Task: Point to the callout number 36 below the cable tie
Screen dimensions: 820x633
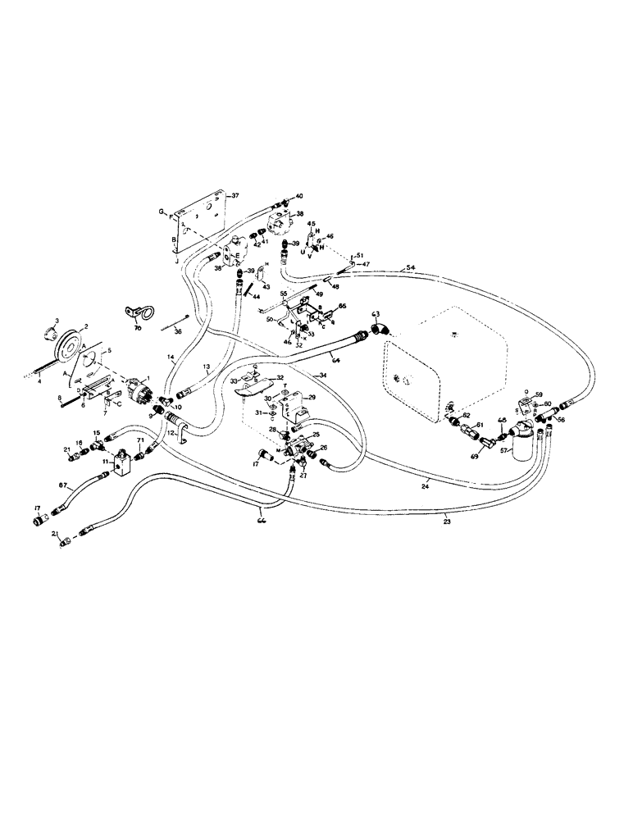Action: (x=175, y=332)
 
